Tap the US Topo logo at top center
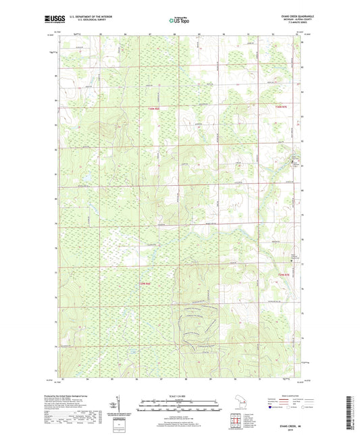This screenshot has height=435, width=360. point(180,21)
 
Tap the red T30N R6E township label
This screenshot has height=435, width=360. point(155,108)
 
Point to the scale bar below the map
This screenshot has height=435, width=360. point(180,405)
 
